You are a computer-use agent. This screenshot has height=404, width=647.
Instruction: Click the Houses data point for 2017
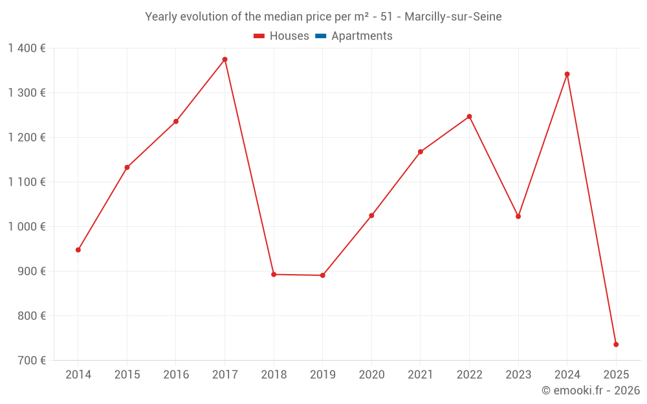click(225, 59)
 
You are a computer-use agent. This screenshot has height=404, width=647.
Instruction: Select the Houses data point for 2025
click(616, 345)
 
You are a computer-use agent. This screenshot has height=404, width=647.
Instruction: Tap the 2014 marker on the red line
click(78, 250)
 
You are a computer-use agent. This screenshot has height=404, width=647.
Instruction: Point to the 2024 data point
click(567, 74)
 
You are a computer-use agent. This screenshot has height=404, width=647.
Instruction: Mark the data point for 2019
click(323, 275)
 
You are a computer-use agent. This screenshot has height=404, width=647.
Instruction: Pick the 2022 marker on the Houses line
click(470, 116)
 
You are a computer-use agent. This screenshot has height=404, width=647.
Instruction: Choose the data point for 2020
click(371, 215)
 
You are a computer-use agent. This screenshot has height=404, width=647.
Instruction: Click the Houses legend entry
click(281, 36)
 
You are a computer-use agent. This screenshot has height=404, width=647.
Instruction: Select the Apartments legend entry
click(354, 36)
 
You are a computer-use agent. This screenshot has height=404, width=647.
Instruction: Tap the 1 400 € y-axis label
click(27, 48)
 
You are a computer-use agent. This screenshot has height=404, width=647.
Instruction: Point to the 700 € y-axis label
click(31, 361)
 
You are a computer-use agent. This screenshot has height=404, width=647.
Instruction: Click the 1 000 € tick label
click(27, 227)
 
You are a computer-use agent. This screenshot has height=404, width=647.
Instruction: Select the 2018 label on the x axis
click(274, 375)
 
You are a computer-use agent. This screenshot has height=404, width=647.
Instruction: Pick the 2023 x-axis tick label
click(518, 375)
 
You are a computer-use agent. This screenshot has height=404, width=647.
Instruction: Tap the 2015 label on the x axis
click(127, 375)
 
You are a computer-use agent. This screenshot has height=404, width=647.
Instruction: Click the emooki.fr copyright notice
click(591, 390)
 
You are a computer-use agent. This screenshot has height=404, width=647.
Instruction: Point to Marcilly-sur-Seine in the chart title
click(453, 17)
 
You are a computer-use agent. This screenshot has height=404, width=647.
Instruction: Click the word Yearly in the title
click(162, 17)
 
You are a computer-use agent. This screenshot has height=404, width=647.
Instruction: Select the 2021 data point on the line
click(421, 152)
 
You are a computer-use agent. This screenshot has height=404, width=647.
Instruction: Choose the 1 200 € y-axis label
click(27, 138)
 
